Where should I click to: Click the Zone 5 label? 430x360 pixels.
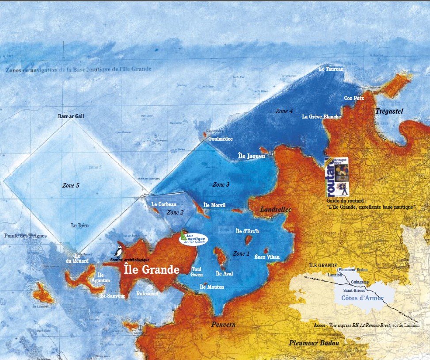pos(70,185)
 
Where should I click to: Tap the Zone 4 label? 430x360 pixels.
pos(284,111)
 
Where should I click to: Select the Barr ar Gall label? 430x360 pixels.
pos(71,116)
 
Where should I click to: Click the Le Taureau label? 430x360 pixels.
pos(331,69)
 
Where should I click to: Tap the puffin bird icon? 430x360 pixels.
pos(118,251)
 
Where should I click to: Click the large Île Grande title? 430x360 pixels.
pos(151,269)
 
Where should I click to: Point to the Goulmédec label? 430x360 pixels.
pos(221,138)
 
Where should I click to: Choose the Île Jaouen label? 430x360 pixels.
pos(251,156)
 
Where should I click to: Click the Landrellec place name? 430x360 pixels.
pos(276,209)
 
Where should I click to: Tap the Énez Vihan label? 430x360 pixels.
pos(267,257)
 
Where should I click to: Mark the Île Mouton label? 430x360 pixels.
pos(212,287)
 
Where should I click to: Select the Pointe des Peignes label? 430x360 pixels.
pos(25,236)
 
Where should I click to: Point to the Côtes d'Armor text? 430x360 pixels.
pos(362,299)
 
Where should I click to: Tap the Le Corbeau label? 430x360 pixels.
pos(164,204)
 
